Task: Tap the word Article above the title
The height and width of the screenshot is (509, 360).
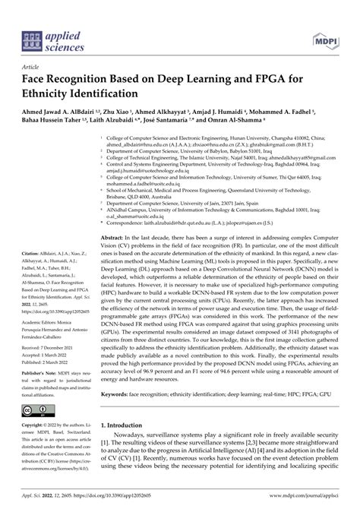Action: (30, 68)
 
